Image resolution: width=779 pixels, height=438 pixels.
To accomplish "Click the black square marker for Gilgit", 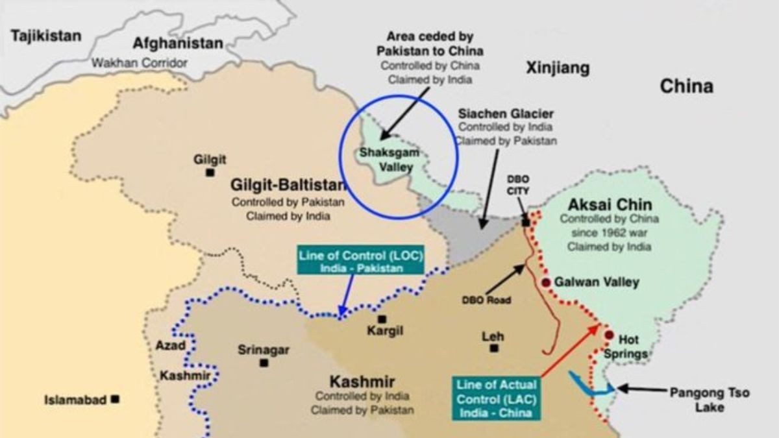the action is (210, 173).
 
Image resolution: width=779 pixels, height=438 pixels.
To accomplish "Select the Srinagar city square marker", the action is (264, 363).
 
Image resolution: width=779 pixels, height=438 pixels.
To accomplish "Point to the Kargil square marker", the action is (382, 319).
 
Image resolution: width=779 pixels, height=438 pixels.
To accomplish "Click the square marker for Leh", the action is (494, 348).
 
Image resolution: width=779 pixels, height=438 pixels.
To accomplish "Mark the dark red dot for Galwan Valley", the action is (546, 282).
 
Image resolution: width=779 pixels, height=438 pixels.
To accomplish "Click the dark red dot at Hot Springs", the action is (609, 335).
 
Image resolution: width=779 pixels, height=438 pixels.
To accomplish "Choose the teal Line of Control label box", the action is (360, 261).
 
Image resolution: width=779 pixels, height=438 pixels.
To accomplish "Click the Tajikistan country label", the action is (46, 35).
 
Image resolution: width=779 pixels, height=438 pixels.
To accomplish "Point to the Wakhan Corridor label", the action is (140, 63).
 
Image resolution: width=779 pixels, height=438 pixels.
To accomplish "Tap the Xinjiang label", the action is (558, 67).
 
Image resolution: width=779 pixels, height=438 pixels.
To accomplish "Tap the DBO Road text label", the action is (487, 300).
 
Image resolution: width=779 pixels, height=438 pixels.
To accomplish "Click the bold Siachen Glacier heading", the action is (506, 114).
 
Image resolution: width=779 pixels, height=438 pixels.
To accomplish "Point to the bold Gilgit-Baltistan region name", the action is (288, 186).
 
